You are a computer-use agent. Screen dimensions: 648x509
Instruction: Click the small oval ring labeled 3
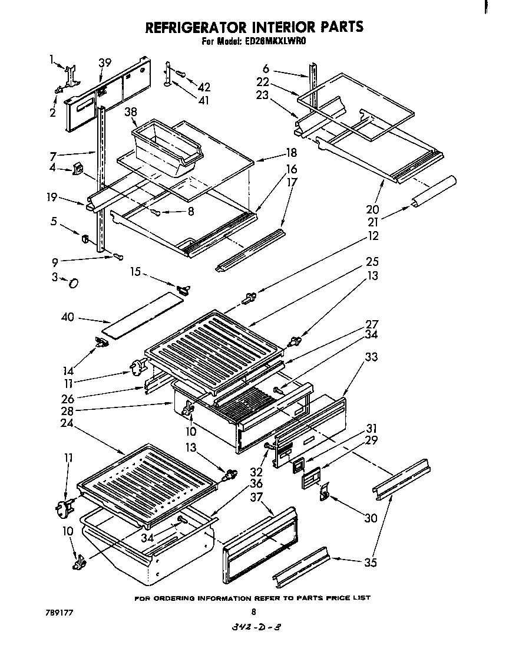pos(74,284)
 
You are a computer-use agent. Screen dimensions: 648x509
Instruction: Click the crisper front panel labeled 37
pos(260,546)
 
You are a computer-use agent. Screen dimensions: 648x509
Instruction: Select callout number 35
pos(370,562)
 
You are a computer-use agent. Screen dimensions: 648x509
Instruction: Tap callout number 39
pos(105,63)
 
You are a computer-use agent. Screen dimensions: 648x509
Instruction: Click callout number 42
pos(204,87)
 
